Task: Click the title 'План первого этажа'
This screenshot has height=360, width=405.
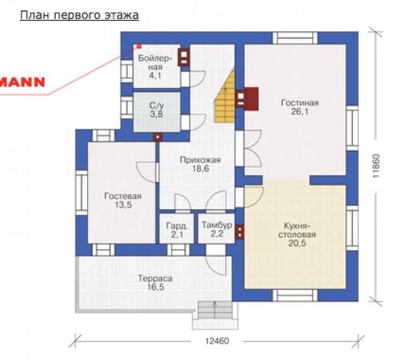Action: tap(79, 15)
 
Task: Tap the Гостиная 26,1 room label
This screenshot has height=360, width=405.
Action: tap(299, 107)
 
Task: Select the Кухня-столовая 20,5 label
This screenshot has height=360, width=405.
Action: tap(297, 235)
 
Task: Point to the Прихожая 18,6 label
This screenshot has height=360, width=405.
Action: tap(200, 164)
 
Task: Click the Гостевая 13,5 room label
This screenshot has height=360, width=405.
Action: tap(123, 201)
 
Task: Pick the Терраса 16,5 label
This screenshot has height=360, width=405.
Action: tap(155, 283)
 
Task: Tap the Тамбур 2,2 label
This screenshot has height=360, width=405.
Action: tap(217, 230)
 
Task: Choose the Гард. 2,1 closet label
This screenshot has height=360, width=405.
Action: tap(177, 230)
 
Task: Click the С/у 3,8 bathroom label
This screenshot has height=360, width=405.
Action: tap(157, 110)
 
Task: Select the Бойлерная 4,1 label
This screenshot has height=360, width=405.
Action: tap(155, 67)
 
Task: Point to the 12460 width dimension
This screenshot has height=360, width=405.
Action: tap(217, 341)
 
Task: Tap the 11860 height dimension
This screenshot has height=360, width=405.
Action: tap(377, 166)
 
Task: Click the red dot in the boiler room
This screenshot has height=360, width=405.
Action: tap(139, 46)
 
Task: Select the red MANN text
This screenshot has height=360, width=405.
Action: tap(22, 82)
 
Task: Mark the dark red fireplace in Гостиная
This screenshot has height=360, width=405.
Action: tap(247, 99)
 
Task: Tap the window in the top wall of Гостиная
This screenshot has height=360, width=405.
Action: tap(295, 38)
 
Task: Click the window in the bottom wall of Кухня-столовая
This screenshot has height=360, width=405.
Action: tap(295, 295)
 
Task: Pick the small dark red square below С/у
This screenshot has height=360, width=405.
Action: tap(158, 137)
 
